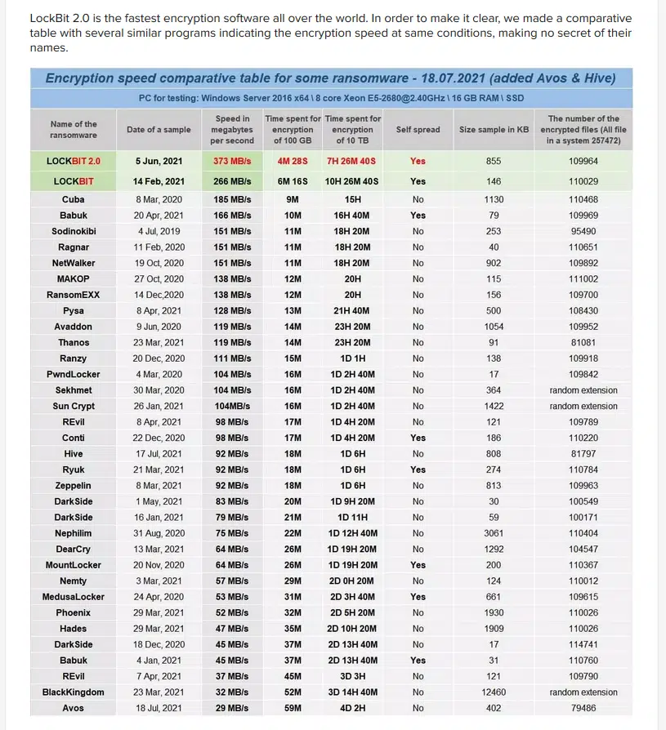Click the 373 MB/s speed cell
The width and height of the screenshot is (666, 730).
232,161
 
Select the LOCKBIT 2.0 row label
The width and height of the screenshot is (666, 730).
73,161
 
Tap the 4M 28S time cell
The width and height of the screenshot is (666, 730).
293,161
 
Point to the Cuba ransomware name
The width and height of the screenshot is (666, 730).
73,199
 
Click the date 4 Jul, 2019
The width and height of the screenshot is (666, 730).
159,231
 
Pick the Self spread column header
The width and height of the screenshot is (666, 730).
418,129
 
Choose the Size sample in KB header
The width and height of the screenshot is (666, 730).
494,129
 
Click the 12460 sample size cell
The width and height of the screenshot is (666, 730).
494,692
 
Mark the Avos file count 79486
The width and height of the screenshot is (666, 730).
583,708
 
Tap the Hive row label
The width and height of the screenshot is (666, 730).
73,453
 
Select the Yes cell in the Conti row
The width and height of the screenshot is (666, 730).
418,438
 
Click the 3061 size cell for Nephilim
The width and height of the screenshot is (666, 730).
494,533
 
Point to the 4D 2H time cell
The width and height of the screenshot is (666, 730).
352,708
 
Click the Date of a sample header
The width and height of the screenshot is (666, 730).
159,129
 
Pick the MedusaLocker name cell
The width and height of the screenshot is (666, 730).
73,597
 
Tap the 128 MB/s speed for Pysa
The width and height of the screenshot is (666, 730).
232,310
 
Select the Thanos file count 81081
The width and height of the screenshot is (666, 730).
583,342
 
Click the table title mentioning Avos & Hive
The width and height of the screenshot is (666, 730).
330,78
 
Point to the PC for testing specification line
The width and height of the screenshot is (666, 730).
330,98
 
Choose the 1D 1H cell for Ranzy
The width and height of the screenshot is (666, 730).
352,358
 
